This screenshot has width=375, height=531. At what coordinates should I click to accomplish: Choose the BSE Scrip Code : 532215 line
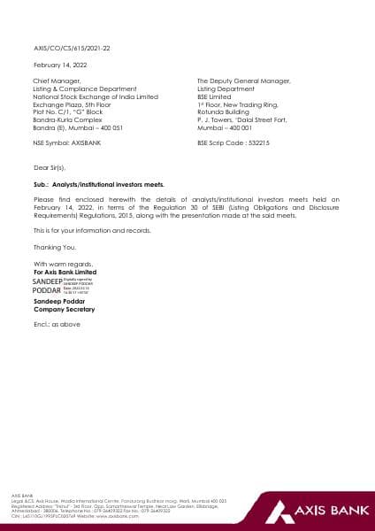point(233,142)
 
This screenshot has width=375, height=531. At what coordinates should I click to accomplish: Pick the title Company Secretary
point(63,310)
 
